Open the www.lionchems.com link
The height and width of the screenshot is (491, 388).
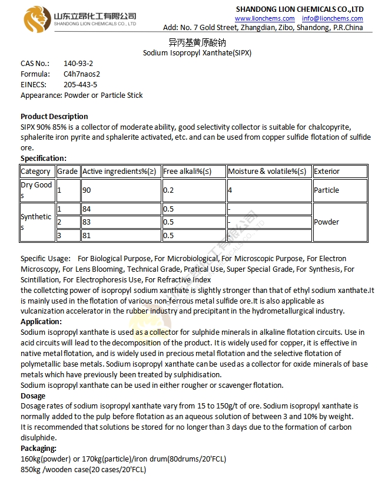click(x=264, y=19)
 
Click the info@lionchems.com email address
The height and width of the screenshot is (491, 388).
click(x=333, y=19)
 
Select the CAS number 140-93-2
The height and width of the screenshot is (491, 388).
click(x=78, y=63)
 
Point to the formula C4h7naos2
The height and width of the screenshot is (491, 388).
click(x=82, y=74)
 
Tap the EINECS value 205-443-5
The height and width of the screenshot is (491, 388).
click(x=80, y=84)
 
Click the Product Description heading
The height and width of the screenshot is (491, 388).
click(x=54, y=116)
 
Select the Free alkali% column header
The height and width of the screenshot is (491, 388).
click(x=187, y=172)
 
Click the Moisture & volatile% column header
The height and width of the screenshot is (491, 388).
click(x=267, y=172)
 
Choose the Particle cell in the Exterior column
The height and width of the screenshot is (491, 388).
click(x=326, y=190)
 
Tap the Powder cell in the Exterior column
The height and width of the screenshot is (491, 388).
click(x=326, y=222)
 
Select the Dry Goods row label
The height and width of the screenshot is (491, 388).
click(x=37, y=190)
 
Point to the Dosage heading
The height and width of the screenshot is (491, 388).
click(x=33, y=396)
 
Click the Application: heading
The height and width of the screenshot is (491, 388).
click(x=41, y=322)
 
